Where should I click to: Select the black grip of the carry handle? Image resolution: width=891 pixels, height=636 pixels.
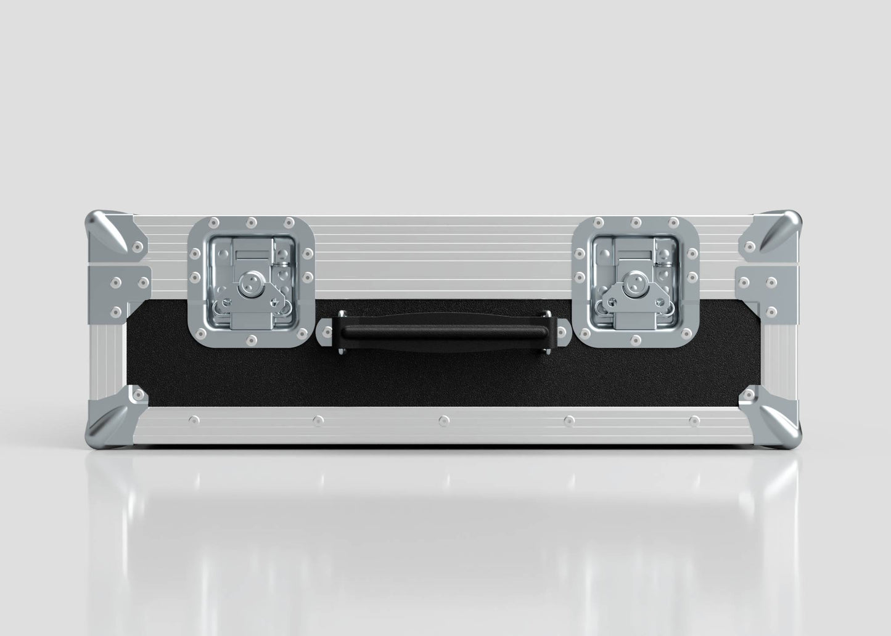click(442, 333)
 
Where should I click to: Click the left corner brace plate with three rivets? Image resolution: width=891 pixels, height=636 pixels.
click(126, 290)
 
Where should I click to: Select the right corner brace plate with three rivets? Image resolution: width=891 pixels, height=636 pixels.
click(761, 290)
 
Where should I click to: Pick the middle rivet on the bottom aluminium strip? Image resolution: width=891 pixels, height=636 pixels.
click(443, 420)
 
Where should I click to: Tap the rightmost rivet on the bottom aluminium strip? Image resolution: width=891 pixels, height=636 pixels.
click(694, 420)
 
